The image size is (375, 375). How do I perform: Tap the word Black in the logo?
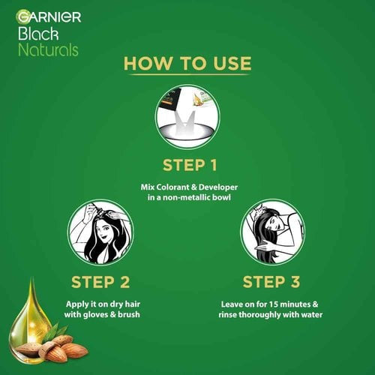pyautogui.click(x=35, y=32)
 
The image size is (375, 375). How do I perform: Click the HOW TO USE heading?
pyautogui.click(x=187, y=63)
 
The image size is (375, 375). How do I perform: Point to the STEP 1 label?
pyautogui.click(x=187, y=164)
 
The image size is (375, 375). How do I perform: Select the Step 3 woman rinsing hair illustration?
pyautogui.click(x=273, y=232)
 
